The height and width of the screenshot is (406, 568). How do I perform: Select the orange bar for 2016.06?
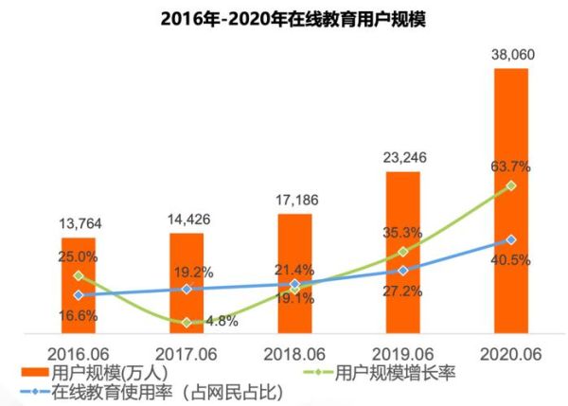[79, 284]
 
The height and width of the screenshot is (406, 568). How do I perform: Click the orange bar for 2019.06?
[403, 252]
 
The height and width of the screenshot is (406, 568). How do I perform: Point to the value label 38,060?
[511, 54]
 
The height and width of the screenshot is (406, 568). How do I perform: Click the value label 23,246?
[403, 157]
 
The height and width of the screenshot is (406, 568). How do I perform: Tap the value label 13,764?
[80, 223]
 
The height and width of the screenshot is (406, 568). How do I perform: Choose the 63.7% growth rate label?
[511, 167]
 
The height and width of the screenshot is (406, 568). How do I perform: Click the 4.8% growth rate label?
[220, 321]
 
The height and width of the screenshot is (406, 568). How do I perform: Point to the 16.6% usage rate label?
[80, 316]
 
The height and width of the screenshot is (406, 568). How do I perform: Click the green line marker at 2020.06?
[511, 185]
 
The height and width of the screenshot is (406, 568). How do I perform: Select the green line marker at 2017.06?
[186, 323]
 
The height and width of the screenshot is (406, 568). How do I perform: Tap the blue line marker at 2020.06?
[511, 239]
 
